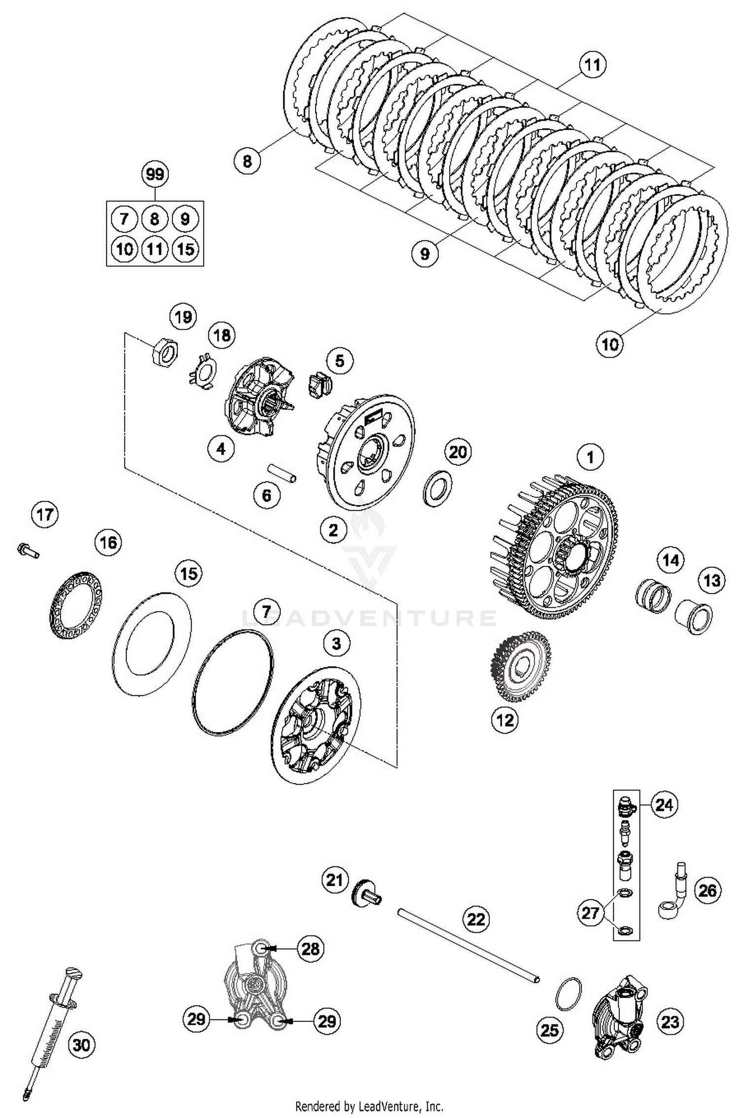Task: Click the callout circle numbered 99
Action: pos(155,174)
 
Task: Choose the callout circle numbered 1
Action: pos(590,458)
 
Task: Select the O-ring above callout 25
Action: pos(568,993)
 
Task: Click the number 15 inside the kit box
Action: pos(185,249)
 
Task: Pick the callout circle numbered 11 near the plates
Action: pos(593,65)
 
